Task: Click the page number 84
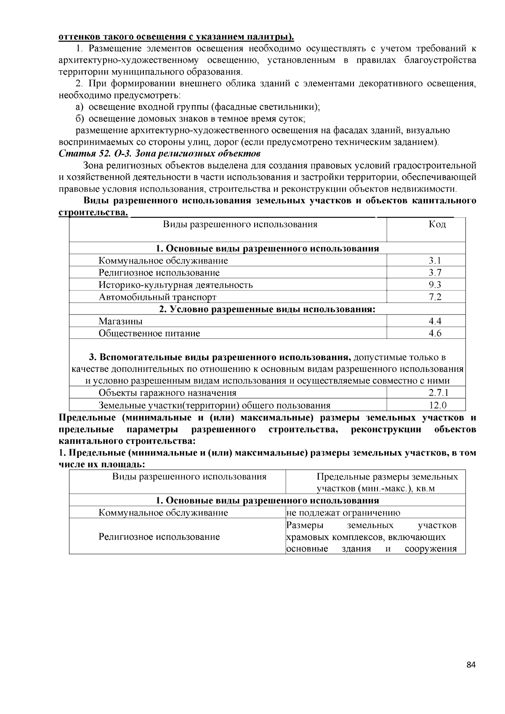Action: click(471, 665)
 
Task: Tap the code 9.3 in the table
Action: click(435, 285)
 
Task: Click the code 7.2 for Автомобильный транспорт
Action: click(435, 297)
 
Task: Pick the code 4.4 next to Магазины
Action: click(435, 321)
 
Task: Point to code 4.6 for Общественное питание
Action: click(435, 333)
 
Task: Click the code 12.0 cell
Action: click(437, 405)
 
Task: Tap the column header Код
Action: click(437, 224)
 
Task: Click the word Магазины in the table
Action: click(120, 321)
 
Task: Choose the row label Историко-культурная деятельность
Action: click(175, 285)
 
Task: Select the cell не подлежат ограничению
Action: click(343, 513)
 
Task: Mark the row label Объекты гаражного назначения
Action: click(167, 393)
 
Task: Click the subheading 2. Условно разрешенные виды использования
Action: click(267, 309)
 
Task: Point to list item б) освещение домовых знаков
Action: click(190, 119)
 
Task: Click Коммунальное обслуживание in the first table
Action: click(163, 260)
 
